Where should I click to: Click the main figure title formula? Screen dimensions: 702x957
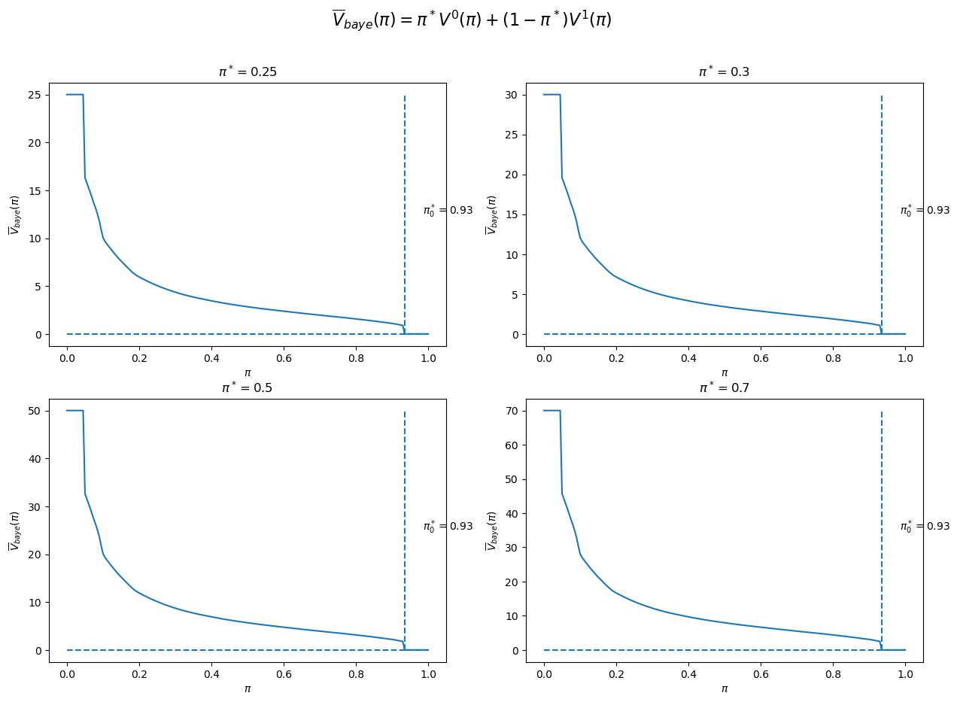tap(472, 20)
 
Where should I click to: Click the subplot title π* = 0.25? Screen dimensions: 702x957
tap(247, 72)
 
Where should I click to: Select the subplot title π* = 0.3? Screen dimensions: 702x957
tap(724, 72)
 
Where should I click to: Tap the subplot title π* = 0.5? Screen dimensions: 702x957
tap(247, 388)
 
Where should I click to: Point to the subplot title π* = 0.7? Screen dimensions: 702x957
tap(724, 388)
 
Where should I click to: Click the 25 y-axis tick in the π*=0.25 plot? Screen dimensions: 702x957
tap(35, 95)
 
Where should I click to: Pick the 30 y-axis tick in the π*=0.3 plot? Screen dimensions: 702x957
tap(512, 95)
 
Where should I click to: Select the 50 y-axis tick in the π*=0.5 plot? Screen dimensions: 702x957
tap(35, 411)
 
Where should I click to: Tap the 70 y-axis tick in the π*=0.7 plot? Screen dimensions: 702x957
tap(512, 411)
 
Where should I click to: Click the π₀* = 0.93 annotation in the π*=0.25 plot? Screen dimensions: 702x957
tap(448, 211)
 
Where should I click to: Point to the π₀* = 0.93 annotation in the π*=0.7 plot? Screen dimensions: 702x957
tap(925, 527)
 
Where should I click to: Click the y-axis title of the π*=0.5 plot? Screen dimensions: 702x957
tap(14, 530)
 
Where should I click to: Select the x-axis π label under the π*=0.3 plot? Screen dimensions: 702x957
tap(724, 372)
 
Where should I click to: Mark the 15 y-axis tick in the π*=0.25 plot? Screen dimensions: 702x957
tap(35, 190)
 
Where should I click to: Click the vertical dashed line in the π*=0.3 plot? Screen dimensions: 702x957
tap(881, 188)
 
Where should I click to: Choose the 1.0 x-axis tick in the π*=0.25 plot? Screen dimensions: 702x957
tap(428, 357)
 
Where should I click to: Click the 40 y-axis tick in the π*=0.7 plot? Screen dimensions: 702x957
tap(512, 513)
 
